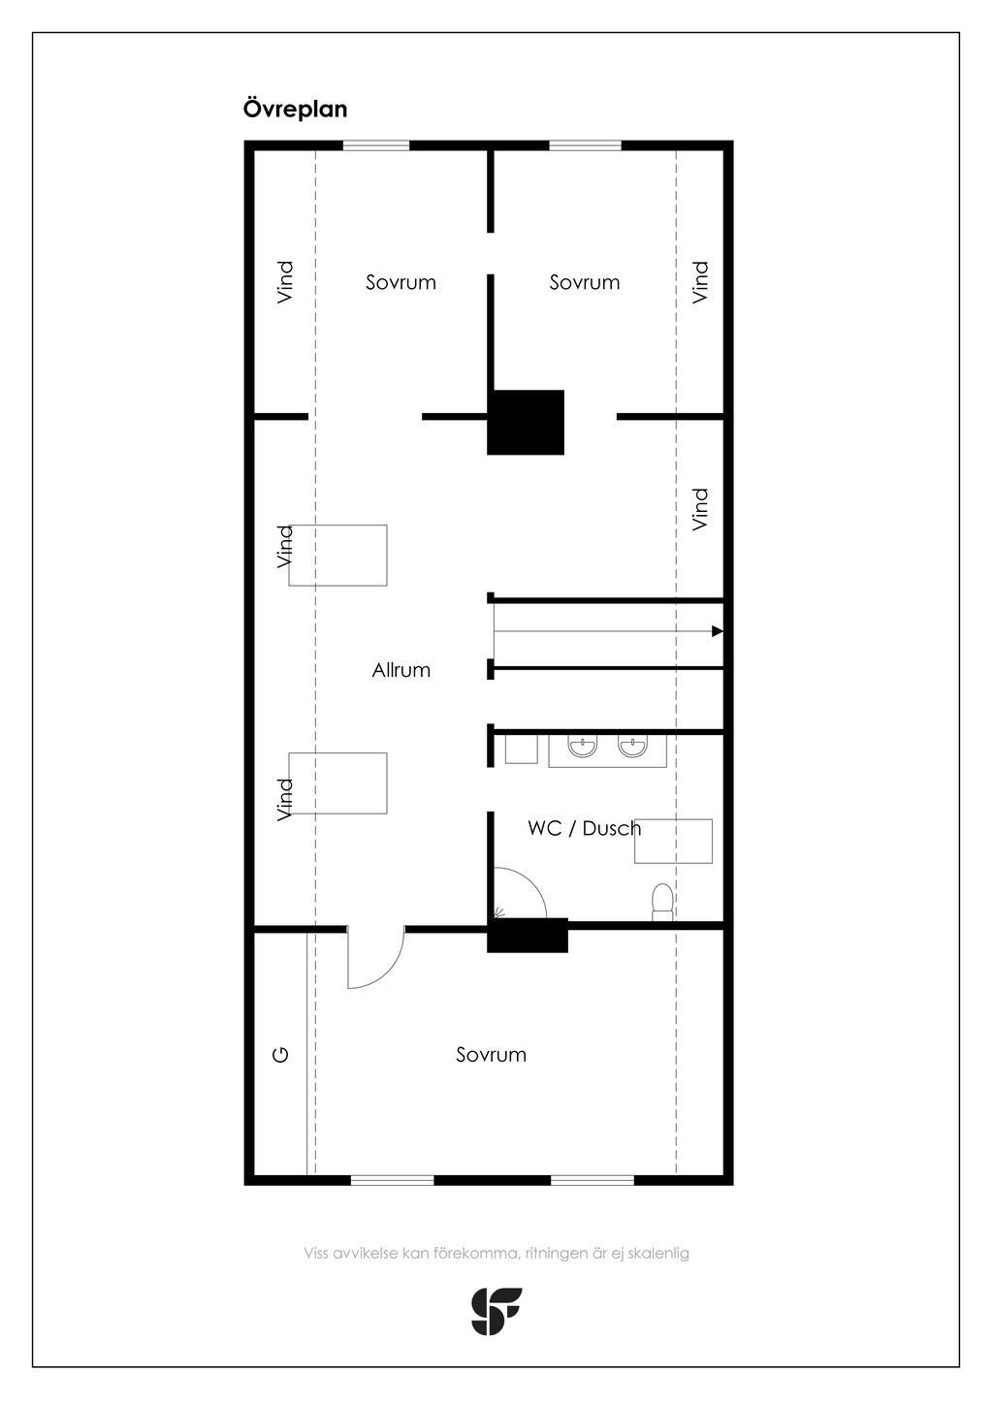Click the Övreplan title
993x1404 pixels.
pyautogui.click(x=295, y=109)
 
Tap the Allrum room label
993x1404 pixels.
pyautogui.click(x=401, y=670)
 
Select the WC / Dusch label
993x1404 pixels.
pyautogui.click(x=585, y=828)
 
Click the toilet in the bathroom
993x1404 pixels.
pyautogui.click(x=662, y=902)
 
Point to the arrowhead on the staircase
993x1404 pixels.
pyautogui.click(x=718, y=631)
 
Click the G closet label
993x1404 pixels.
pyautogui.click(x=281, y=1055)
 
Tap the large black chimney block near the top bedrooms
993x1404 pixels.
pyautogui.click(x=526, y=422)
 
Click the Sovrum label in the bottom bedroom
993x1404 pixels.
pyautogui.click(x=491, y=1054)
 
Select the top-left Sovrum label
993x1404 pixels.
pyautogui.click(x=401, y=282)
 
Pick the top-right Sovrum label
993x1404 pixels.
pyautogui.click(x=585, y=282)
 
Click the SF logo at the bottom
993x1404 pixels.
pyautogui.click(x=496, y=1311)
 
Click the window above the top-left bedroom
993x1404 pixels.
pyautogui.click(x=376, y=145)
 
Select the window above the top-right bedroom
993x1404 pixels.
pyautogui.click(x=586, y=145)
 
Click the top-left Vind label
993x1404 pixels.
pyautogui.click(x=285, y=283)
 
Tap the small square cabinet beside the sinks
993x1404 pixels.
pyautogui.click(x=522, y=750)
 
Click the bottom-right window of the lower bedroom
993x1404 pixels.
pyautogui.click(x=593, y=1180)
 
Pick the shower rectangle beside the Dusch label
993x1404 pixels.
pyautogui.click(x=673, y=842)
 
